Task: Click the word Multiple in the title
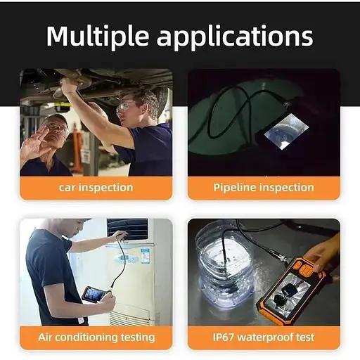pos(98,37)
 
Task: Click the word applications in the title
pos(235,37)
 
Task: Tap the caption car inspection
pos(96,188)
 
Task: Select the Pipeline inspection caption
pos(264,188)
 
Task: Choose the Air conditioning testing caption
pos(96,337)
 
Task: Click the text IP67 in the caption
pos(224,337)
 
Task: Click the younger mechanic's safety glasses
pos(125,107)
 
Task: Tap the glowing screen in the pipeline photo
pos(286,131)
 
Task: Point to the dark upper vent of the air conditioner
pos(127,229)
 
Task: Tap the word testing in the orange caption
pos(138,337)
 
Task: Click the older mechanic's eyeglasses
pos(57,129)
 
